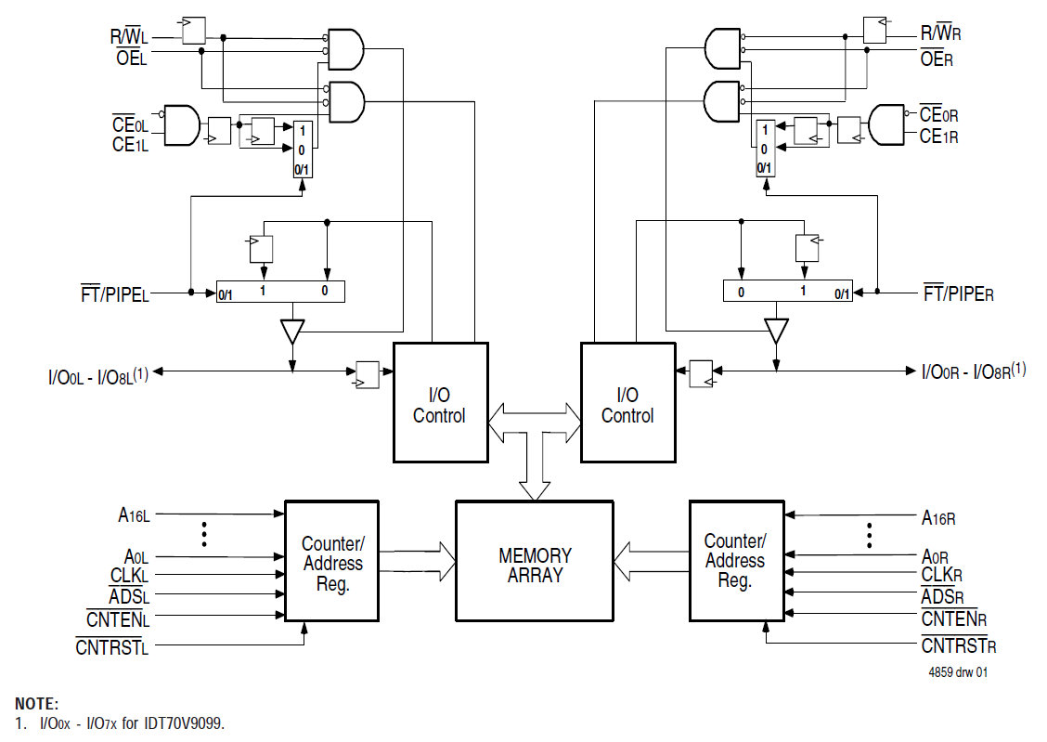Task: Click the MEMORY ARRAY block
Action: click(534, 561)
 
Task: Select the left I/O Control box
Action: click(440, 402)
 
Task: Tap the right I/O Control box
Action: click(627, 402)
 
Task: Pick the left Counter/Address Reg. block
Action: click(331, 561)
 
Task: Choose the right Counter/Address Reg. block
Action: click(735, 561)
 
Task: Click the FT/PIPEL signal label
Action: click(114, 295)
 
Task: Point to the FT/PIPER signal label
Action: click(958, 294)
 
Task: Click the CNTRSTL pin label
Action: click(111, 646)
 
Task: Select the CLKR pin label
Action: click(941, 575)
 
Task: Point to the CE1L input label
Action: click(130, 145)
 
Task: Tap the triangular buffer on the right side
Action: click(776, 331)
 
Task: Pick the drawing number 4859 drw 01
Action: click(957, 672)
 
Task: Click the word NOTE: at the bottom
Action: click(37, 704)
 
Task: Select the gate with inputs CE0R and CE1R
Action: click(886, 124)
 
